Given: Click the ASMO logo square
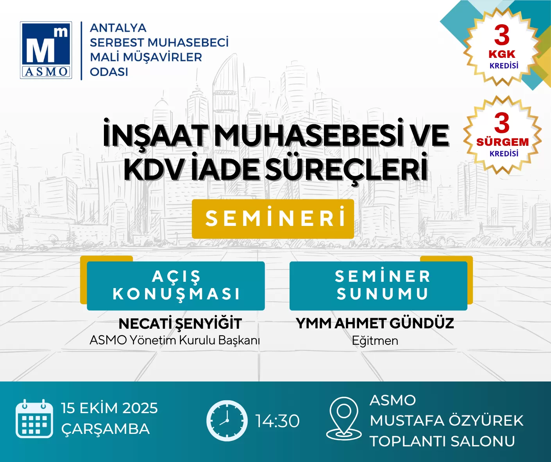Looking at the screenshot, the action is click(46, 50).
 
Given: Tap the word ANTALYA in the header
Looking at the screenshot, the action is click(118, 28).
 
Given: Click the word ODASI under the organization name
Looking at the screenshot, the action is click(109, 72).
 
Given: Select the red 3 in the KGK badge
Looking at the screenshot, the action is click(502, 36).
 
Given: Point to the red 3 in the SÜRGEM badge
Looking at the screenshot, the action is click(502, 123).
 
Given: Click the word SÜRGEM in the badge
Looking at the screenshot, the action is click(503, 142).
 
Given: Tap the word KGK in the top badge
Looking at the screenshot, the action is click(502, 54).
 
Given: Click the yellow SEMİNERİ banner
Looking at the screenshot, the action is click(273, 219).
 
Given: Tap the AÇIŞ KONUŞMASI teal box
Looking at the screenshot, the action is click(176, 286).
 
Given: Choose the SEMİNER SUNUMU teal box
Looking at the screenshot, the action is click(378, 286).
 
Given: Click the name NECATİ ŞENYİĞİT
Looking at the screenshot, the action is click(180, 324).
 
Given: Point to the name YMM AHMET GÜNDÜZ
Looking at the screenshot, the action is click(375, 323).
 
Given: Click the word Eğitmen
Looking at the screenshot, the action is click(375, 341).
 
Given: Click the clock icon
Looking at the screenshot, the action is click(227, 421).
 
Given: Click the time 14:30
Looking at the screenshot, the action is click(277, 421).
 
